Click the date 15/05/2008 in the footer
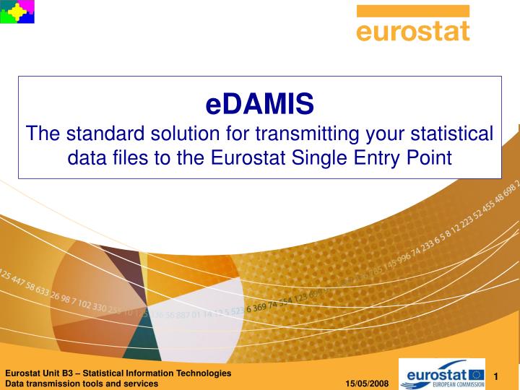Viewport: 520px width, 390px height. click(367, 383)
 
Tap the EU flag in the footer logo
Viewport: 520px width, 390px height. click(477, 374)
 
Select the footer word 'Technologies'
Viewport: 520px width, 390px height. click(207, 373)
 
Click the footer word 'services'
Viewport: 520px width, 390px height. click(141, 383)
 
